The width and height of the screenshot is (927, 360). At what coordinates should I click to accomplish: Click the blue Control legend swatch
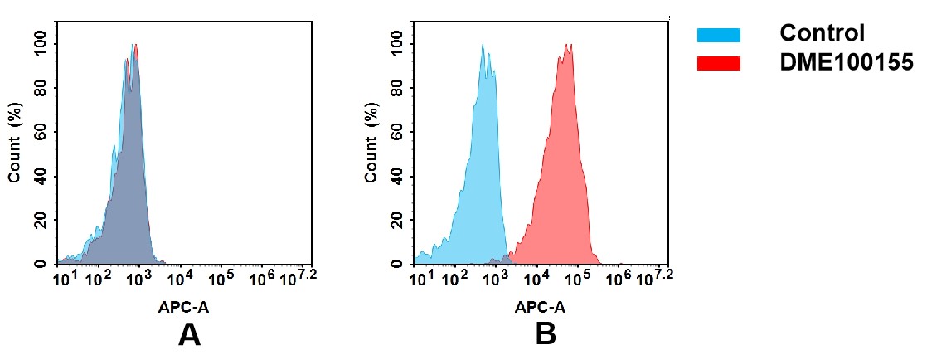[718, 35]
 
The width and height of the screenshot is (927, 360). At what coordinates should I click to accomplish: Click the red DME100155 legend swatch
[718, 63]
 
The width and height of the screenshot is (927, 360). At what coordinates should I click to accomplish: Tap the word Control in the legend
[822, 34]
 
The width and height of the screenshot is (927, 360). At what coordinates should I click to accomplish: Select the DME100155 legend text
[847, 62]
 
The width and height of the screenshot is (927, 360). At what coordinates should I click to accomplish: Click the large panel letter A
[189, 334]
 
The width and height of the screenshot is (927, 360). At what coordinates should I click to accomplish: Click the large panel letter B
[545, 334]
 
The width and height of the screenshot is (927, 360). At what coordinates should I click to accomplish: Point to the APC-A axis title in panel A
[184, 307]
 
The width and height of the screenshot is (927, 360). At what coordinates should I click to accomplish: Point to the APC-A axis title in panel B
[540, 307]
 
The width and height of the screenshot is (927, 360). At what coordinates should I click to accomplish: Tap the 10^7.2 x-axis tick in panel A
[302, 277]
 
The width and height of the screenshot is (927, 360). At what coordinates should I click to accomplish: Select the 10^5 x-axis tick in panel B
[577, 277]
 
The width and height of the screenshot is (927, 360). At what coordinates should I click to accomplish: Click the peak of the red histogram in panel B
[568, 46]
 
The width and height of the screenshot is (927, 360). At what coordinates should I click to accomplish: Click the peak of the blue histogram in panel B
[482, 46]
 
